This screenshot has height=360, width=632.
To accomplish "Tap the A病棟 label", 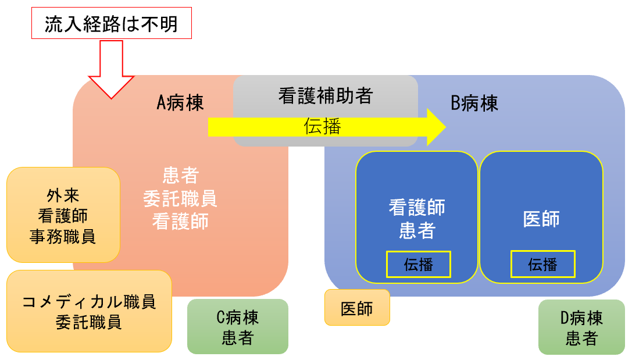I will [x=180, y=104].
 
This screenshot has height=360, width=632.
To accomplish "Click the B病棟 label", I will [x=474, y=104].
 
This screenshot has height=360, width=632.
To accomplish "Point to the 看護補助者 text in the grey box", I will [x=325, y=95].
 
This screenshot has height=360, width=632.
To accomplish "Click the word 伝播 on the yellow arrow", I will [x=322, y=127].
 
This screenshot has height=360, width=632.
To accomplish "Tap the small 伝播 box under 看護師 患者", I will [x=418, y=264].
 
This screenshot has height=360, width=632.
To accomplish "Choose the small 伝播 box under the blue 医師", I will [x=542, y=264].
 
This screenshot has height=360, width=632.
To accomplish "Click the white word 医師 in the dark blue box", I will [x=541, y=219].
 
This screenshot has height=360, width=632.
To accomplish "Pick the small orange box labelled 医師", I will [x=357, y=308].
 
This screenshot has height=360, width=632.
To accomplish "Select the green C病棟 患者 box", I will [x=237, y=327].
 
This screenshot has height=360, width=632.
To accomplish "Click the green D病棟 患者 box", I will [x=581, y=327].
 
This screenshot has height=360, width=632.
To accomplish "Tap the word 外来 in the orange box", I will [x=63, y=195].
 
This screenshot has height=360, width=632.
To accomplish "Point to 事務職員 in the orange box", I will [x=63, y=237].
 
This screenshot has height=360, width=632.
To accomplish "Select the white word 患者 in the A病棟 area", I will [x=180, y=174].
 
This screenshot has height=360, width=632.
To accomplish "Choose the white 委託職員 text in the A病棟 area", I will [x=180, y=198].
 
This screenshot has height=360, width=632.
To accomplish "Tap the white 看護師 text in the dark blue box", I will [x=417, y=208].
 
